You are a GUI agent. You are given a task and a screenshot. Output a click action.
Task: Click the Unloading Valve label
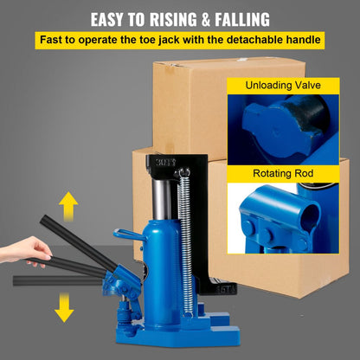coord(282,86)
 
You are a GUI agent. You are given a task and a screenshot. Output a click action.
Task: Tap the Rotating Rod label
coord(282,174)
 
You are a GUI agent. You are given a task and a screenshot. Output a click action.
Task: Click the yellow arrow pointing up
coord(68,206)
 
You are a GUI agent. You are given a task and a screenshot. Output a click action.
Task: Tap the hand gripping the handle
coord(27,251)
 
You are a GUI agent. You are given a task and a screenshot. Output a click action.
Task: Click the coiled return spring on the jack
coord(183,234)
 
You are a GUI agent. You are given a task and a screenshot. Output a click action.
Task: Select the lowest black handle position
coord(61,280)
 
